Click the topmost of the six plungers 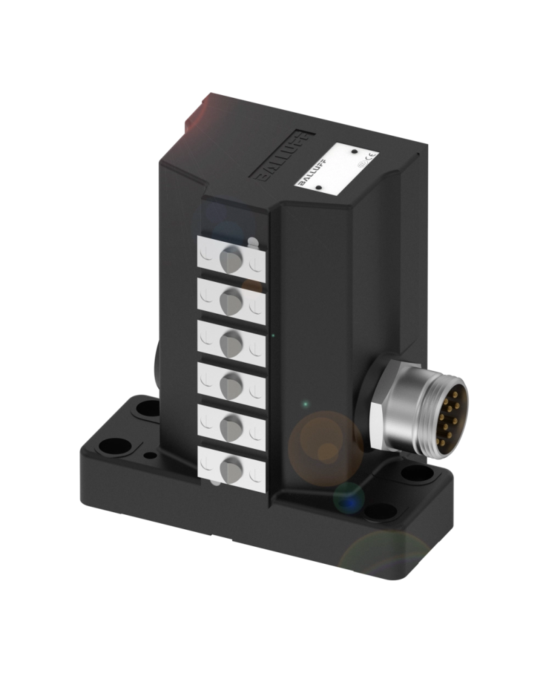(230, 259)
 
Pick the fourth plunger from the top (230, 379)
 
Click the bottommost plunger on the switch (231, 465)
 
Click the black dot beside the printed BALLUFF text (319, 192)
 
